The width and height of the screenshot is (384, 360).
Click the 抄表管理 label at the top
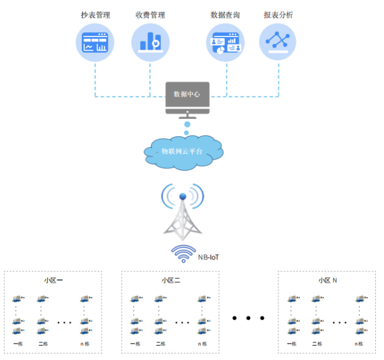95,14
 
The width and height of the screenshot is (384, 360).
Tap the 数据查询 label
225,14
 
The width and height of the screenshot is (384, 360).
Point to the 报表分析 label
278,14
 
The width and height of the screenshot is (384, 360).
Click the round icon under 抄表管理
95,43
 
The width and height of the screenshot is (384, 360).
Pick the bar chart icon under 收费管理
150,43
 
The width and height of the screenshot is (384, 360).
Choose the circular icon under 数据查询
225,43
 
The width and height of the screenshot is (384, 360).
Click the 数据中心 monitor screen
187,94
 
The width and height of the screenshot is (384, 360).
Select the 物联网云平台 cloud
183,151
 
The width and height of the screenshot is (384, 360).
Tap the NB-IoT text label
209,258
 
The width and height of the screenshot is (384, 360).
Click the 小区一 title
53,280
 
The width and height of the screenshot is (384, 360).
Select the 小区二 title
170,280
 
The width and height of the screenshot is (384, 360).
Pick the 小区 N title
327,280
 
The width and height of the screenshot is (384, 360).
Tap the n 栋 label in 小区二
202,344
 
